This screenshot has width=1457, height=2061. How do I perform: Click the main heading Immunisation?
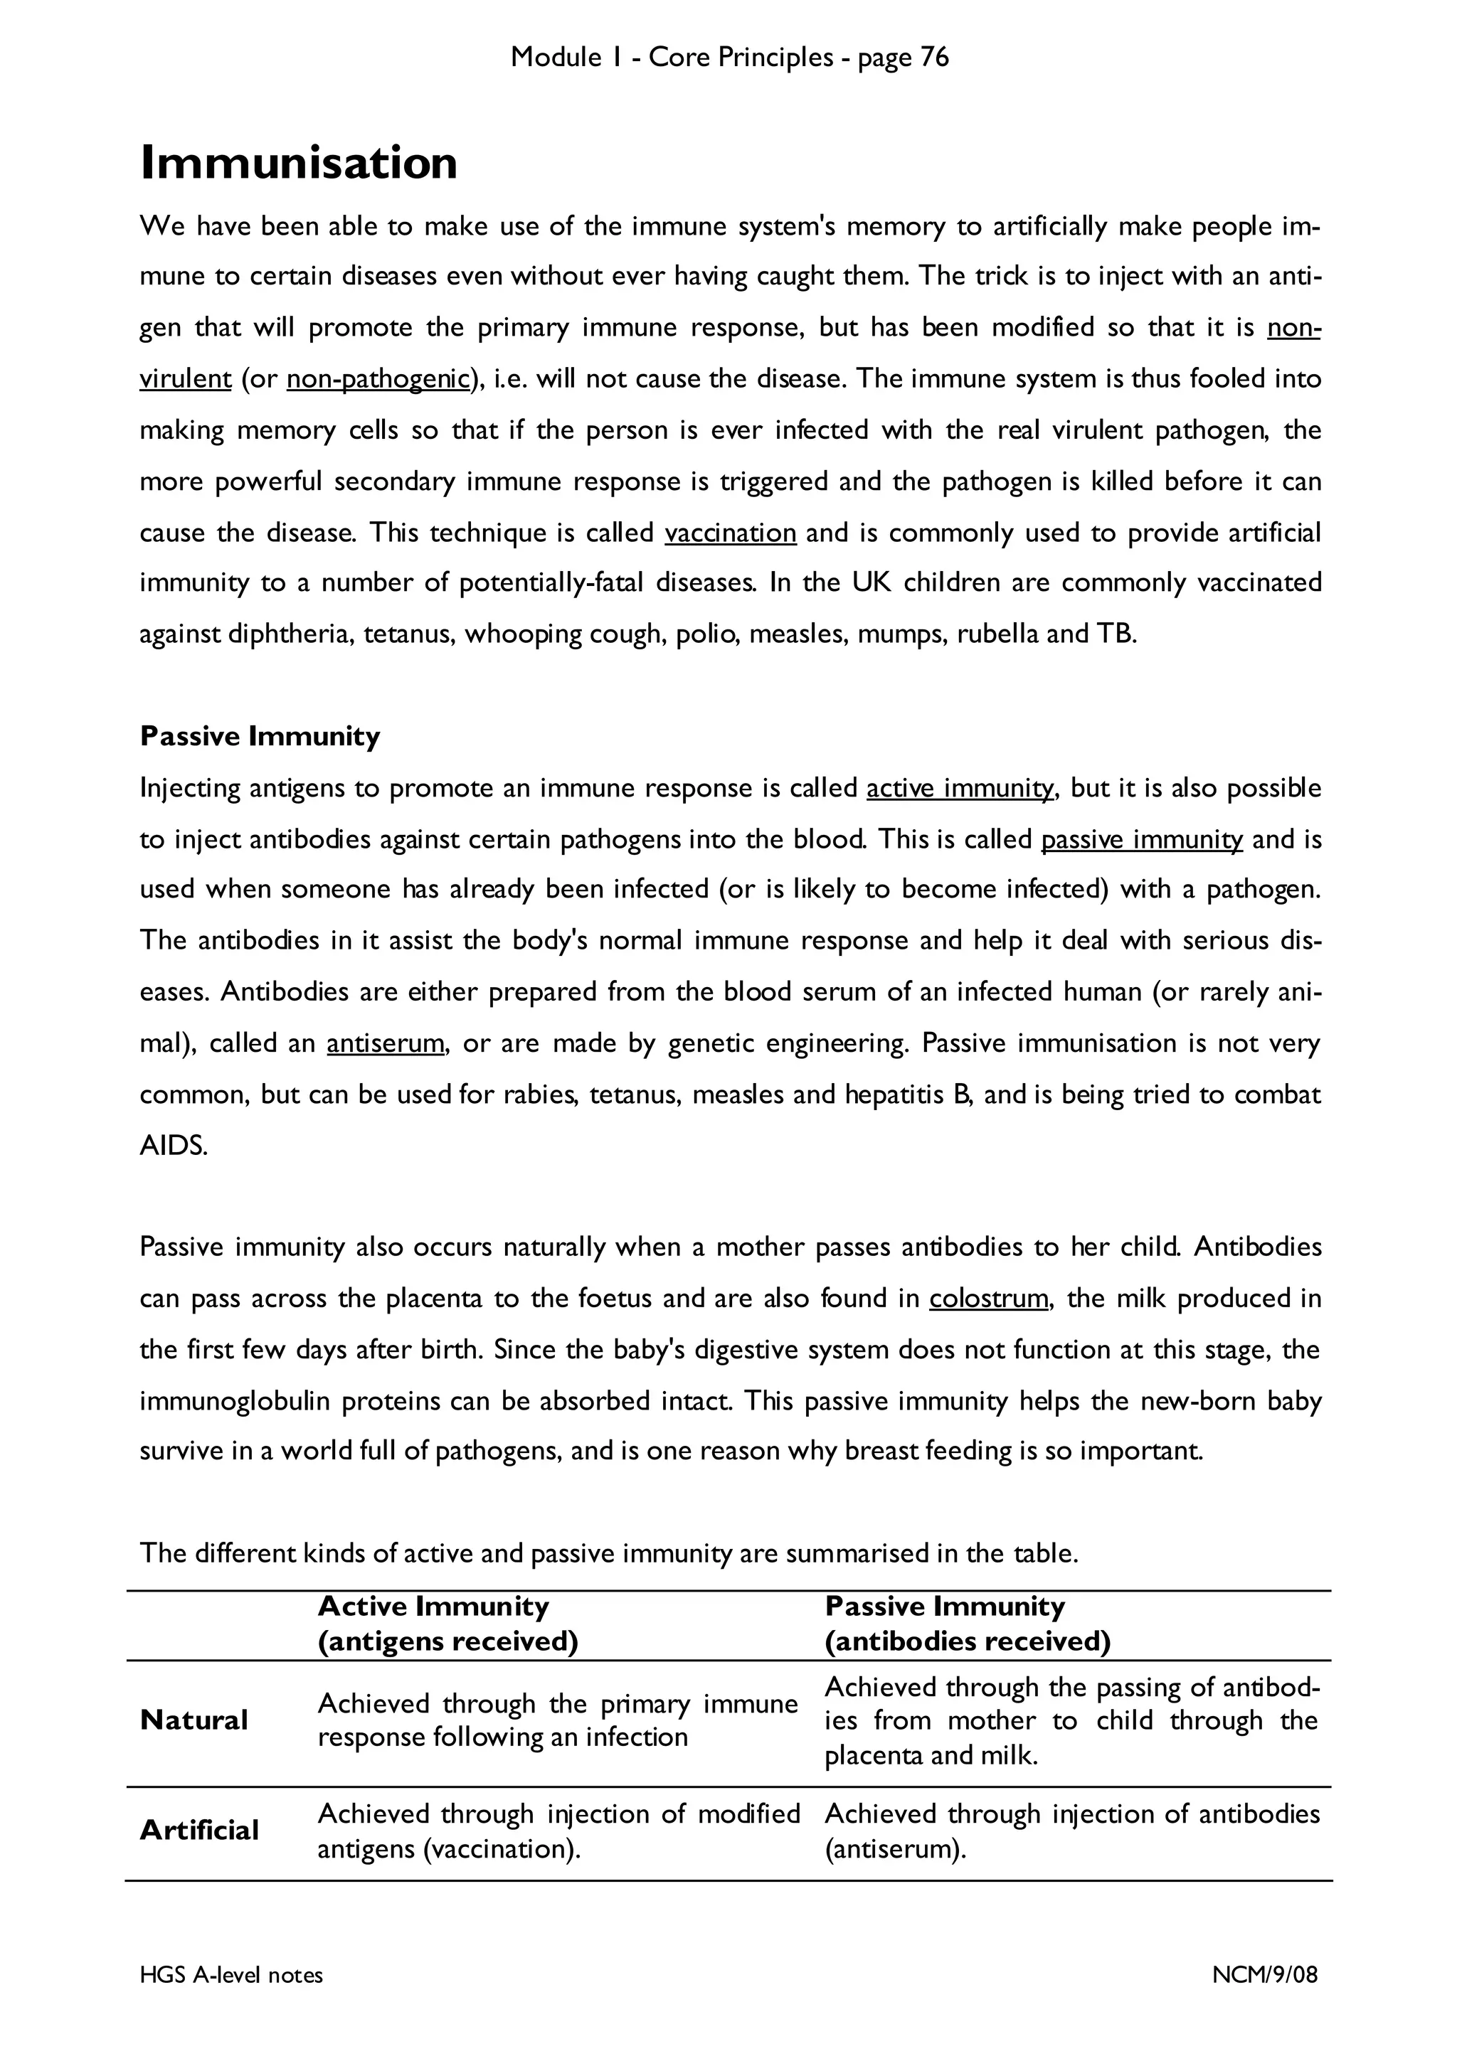coord(298,164)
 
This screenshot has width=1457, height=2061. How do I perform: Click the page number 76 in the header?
coord(933,58)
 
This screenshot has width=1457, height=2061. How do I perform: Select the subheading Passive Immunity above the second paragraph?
coord(260,736)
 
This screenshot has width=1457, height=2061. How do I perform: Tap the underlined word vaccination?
coord(730,533)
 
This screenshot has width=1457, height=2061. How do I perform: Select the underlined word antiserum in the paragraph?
coord(385,1043)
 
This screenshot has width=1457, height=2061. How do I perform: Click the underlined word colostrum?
coord(988,1298)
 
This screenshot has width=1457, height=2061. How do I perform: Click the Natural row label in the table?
coord(194,1720)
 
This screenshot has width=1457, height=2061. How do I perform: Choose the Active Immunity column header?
coord(433,1606)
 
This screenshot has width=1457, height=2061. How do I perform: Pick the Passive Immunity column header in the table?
coord(944,1606)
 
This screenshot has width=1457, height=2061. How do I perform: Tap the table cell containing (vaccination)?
coord(558,1831)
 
